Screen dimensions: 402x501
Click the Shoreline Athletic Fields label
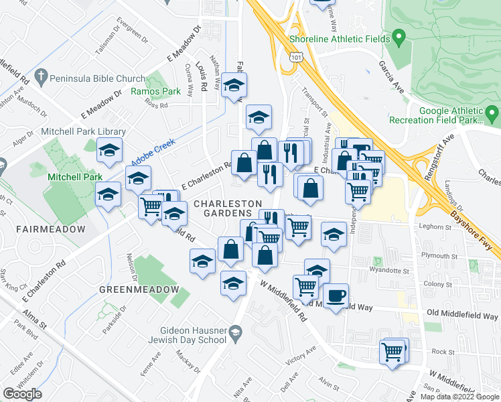[339, 39]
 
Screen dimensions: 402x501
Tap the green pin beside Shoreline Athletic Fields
[399, 36]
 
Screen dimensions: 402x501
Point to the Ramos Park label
[156, 91]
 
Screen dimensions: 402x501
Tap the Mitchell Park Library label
[84, 132]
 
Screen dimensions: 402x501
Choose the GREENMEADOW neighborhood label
[139, 289]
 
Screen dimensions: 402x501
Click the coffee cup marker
[336, 294]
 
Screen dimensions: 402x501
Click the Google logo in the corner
[22, 394]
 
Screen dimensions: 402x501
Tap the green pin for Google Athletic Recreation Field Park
[493, 113]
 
